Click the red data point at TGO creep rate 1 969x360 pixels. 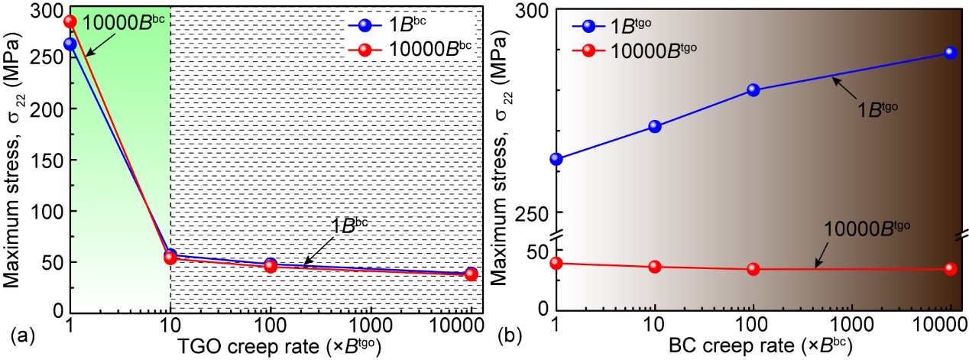[x=70, y=21]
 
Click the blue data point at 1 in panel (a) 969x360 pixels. [x=70, y=44]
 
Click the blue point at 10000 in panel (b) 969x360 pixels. [x=950, y=53]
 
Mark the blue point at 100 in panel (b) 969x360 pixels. [x=753, y=89]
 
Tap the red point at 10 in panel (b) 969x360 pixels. [x=654, y=267]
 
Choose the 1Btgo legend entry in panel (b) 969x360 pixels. [x=611, y=25]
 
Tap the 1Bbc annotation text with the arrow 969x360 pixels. [x=349, y=226]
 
